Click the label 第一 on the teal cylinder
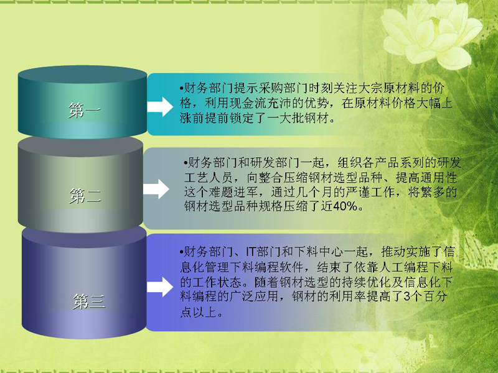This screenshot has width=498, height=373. coord(85,111)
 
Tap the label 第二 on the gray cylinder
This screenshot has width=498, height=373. coord(85,195)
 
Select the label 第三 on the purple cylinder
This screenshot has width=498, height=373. coord(88,302)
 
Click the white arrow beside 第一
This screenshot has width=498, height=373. coord(160,106)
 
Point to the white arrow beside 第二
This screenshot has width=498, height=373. coord(156,189)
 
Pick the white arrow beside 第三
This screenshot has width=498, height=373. coord(160,287)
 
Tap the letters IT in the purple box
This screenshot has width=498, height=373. coord(251,252)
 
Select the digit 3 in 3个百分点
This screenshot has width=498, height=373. coord(407,297)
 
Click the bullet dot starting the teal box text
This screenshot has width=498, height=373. coord(181,88)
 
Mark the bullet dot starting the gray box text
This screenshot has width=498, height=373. coord(186,163)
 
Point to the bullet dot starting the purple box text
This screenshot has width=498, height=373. coord(181,252)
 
